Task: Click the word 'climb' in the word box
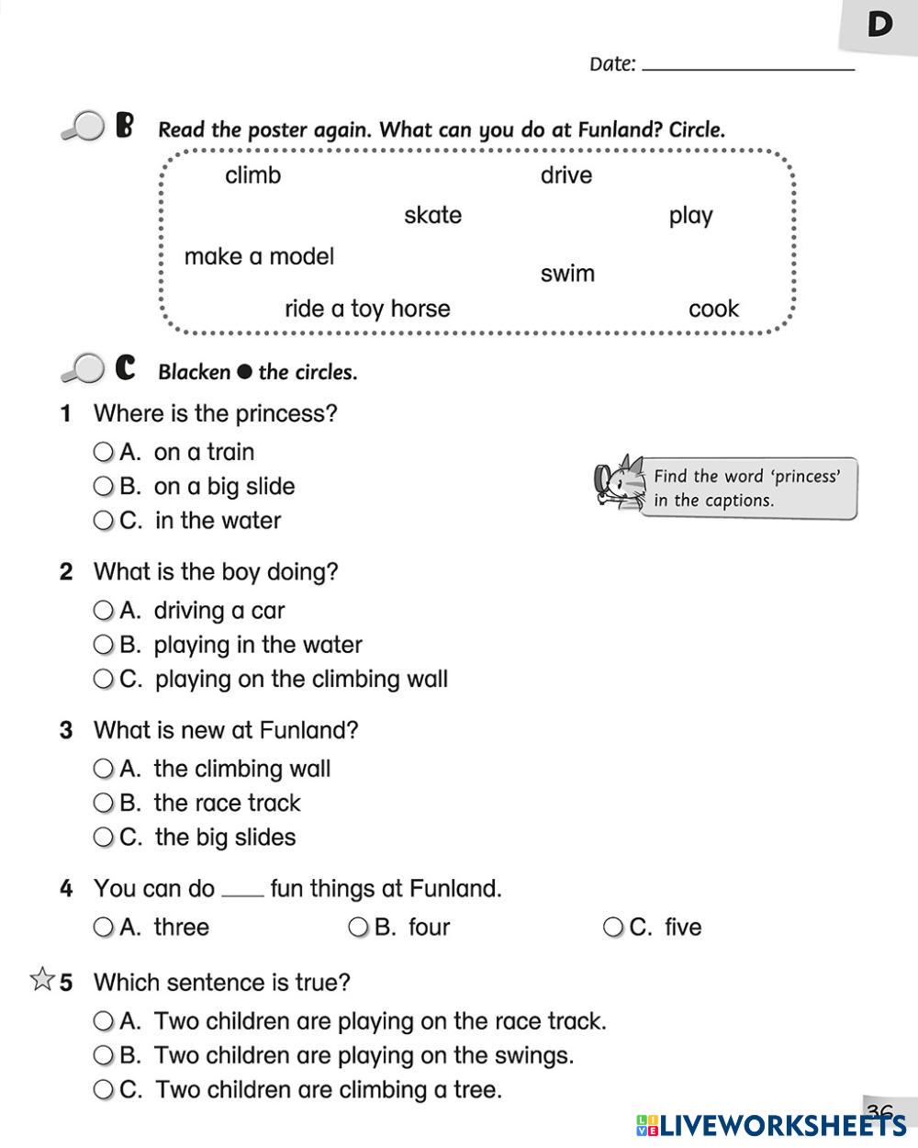(x=252, y=175)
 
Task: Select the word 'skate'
(x=432, y=216)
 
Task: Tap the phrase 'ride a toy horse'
(x=367, y=309)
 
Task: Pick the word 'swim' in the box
(x=567, y=274)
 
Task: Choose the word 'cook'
(x=713, y=309)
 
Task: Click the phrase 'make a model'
(x=259, y=256)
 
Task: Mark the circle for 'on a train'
(x=103, y=452)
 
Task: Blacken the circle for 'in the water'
(x=103, y=521)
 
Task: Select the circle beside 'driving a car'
(x=103, y=611)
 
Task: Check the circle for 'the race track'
(x=103, y=804)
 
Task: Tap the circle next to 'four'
(x=358, y=928)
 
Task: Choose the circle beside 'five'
(x=612, y=928)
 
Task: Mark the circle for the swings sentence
(x=103, y=1055)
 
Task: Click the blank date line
(x=748, y=66)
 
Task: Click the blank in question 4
(x=242, y=893)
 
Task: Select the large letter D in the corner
(x=879, y=25)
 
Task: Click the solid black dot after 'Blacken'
(x=244, y=372)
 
